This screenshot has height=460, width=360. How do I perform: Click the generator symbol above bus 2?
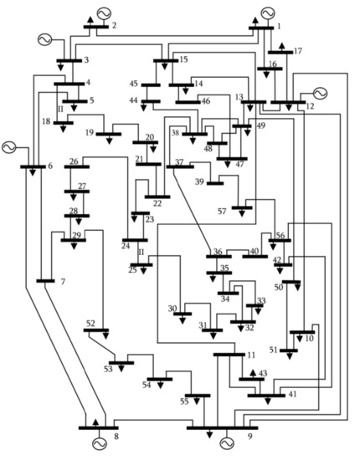click(105, 13)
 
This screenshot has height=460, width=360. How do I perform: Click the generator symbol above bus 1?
click(267, 13)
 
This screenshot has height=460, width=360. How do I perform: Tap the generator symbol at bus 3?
click(41, 40)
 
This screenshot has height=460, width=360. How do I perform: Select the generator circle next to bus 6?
click(9, 147)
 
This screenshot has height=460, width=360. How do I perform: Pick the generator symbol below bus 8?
click(99, 443)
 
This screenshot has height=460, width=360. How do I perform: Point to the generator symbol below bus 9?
click(226, 442)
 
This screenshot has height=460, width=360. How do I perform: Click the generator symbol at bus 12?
click(319, 93)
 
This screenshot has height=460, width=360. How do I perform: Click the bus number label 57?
click(222, 212)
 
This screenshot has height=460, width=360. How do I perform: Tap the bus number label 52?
click(90, 322)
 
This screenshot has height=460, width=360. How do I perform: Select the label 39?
click(199, 181)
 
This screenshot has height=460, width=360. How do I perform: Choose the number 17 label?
click(297, 51)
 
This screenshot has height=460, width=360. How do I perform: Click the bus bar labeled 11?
click(229, 355)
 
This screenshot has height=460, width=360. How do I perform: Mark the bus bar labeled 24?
click(134, 240)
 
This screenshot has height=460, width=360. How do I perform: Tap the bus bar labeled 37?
click(180, 166)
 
